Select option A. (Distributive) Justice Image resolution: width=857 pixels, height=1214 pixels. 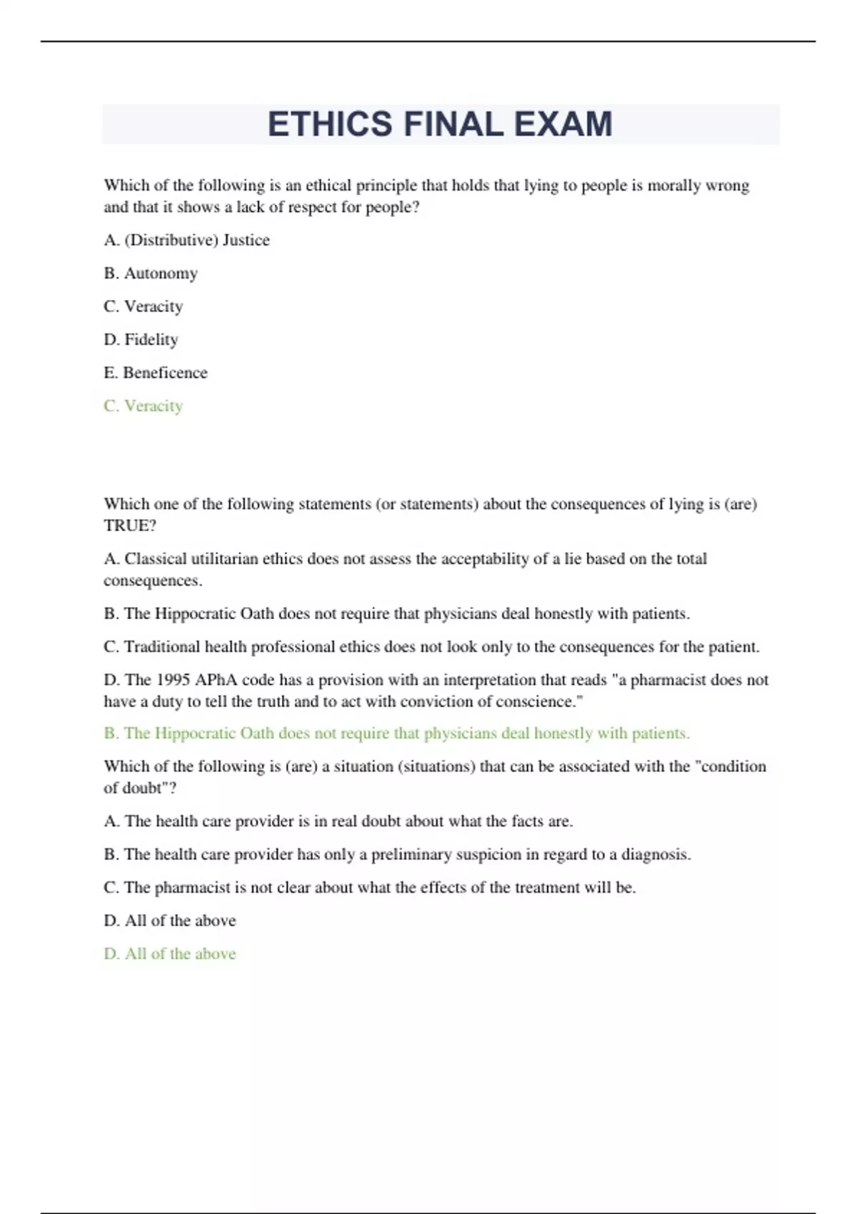pyautogui.click(x=186, y=240)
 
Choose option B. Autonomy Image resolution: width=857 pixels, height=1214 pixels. pyautogui.click(x=151, y=273)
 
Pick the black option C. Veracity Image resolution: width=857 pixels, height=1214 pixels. pyautogui.click(x=144, y=306)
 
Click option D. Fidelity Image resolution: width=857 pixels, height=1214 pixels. pyautogui.click(x=141, y=339)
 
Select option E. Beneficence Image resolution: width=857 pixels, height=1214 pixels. pyautogui.click(x=156, y=372)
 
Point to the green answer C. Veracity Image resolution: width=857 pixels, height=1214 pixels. pyautogui.click(x=144, y=406)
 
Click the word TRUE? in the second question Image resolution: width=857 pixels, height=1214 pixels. pyautogui.click(x=130, y=526)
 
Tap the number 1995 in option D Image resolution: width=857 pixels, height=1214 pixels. pyautogui.click(x=173, y=680)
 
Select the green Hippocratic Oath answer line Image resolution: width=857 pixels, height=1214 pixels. pyautogui.click(x=396, y=733)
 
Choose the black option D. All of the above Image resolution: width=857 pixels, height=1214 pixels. pyautogui.click(x=170, y=920)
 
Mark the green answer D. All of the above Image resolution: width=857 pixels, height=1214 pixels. pyautogui.click(x=170, y=953)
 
